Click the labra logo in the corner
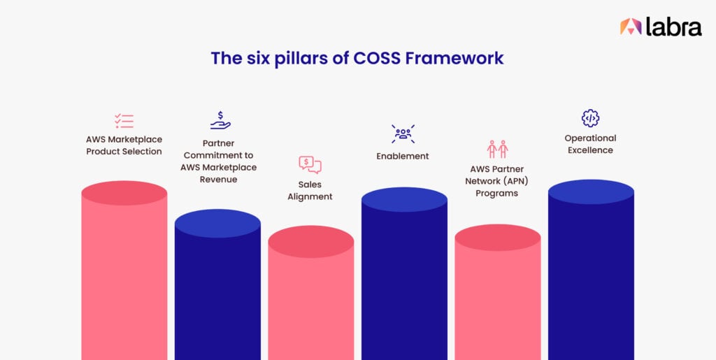tap(660, 27)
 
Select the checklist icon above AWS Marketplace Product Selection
tap(124, 120)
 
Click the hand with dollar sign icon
tap(220, 120)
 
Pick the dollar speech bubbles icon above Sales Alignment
tap(310, 164)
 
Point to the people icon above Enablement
tap(403, 134)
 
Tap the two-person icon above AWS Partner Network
tap(497, 149)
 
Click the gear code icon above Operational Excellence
tap(590, 118)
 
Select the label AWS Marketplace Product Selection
tap(124, 145)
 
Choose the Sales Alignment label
tap(310, 191)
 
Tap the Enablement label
tap(403, 156)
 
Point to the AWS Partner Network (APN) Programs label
tap(497, 181)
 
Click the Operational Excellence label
tap(590, 144)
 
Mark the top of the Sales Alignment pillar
tap(310, 242)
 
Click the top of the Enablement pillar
tap(404, 200)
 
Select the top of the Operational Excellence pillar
tap(591, 192)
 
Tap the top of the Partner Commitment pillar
tap(217, 224)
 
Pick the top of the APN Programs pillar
tap(497, 238)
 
